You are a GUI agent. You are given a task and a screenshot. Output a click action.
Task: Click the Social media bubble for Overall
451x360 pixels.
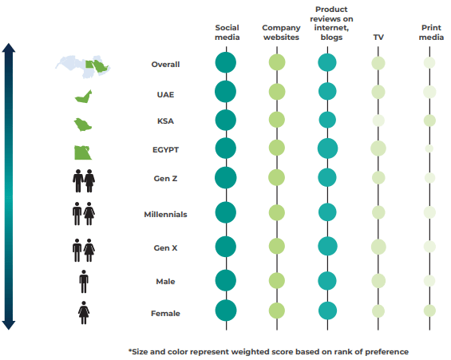pyautogui.click(x=226, y=62)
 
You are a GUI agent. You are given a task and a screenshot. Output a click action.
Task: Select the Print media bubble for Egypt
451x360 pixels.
pyautogui.click(x=429, y=148)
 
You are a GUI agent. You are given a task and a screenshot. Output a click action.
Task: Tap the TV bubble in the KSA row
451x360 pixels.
pyautogui.click(x=378, y=121)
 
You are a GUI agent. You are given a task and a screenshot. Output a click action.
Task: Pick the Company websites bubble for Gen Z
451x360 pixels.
pyautogui.click(x=277, y=177)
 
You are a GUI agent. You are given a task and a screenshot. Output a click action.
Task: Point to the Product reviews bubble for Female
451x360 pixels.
pyautogui.click(x=327, y=311)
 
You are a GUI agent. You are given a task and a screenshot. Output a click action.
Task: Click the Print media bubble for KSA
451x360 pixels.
pyautogui.click(x=429, y=121)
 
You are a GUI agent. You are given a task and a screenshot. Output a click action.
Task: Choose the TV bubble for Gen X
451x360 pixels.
pyautogui.click(x=378, y=247)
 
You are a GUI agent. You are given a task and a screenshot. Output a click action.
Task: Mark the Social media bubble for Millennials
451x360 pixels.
pyautogui.click(x=226, y=212)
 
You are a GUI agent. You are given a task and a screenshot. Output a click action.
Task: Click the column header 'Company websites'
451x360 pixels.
pyautogui.click(x=281, y=33)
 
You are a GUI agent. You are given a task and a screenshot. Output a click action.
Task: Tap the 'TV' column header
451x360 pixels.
pyautogui.click(x=378, y=37)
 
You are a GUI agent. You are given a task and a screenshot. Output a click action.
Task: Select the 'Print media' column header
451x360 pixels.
pyautogui.click(x=431, y=33)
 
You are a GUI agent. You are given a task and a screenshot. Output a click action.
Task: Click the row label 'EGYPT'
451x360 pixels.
pyautogui.click(x=165, y=150)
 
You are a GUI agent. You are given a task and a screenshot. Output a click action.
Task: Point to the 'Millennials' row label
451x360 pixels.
pyautogui.click(x=165, y=214)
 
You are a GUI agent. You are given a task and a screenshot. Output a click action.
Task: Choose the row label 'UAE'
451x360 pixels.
pyautogui.click(x=165, y=95)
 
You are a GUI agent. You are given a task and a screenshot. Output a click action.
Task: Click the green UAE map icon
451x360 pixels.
pyautogui.click(x=83, y=97)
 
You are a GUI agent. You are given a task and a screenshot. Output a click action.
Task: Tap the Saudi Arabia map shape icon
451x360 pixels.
pyautogui.click(x=82, y=125)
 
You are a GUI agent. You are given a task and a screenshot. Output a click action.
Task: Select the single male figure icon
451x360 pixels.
pyautogui.click(x=84, y=282)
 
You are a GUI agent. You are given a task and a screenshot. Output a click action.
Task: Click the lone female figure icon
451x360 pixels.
pyautogui.click(x=84, y=313)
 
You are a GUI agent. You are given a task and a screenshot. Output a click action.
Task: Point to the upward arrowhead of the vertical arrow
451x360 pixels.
pyautogui.click(x=9, y=48)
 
